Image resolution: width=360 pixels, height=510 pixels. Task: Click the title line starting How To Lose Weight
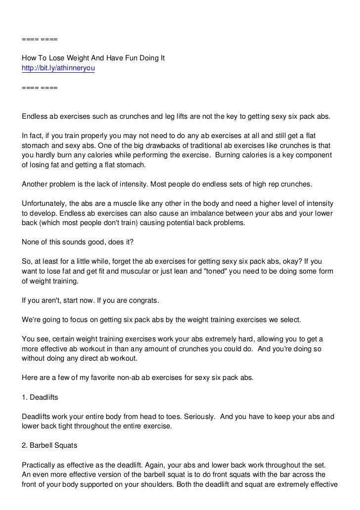93,58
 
